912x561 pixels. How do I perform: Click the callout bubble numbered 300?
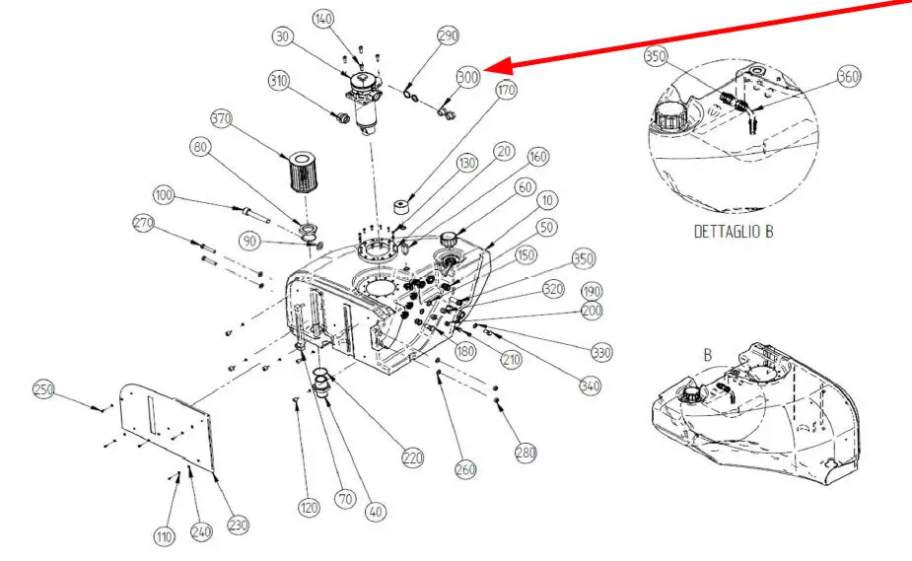[468, 77]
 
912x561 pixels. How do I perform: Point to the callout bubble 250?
[43, 388]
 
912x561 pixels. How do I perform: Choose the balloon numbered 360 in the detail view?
[848, 77]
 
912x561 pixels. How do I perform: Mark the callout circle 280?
[526, 453]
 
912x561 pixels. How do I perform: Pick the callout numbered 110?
[164, 536]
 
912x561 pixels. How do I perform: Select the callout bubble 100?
[164, 196]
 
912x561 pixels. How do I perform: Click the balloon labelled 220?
[412, 457]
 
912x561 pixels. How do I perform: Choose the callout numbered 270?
[144, 224]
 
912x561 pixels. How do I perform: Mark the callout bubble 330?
[601, 352]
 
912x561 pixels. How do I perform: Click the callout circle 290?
[449, 36]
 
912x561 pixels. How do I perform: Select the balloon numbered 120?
[311, 508]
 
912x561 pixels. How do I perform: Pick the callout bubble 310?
[279, 80]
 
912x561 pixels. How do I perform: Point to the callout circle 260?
[465, 469]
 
